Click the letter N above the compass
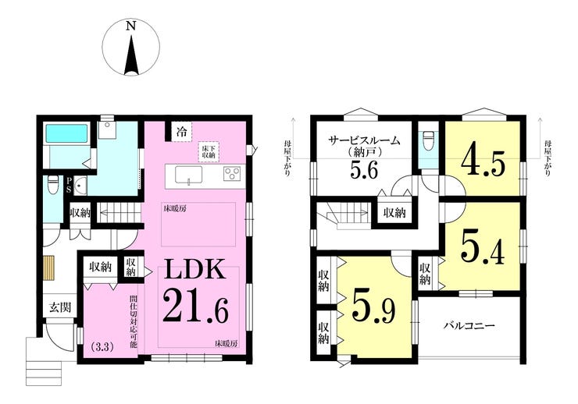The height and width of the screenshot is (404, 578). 131,26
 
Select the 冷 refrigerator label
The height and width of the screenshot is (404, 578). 181,132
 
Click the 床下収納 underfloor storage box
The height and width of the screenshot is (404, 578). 209,151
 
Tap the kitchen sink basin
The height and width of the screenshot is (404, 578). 188,175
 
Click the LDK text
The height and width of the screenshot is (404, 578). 194,269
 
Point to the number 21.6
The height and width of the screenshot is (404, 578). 195,306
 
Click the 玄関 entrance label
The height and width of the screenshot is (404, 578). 60,307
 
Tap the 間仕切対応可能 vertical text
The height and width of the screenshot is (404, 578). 133,321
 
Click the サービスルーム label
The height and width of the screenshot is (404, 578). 364,141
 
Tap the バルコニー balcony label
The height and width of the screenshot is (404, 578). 469,326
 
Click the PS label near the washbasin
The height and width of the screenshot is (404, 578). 69,186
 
